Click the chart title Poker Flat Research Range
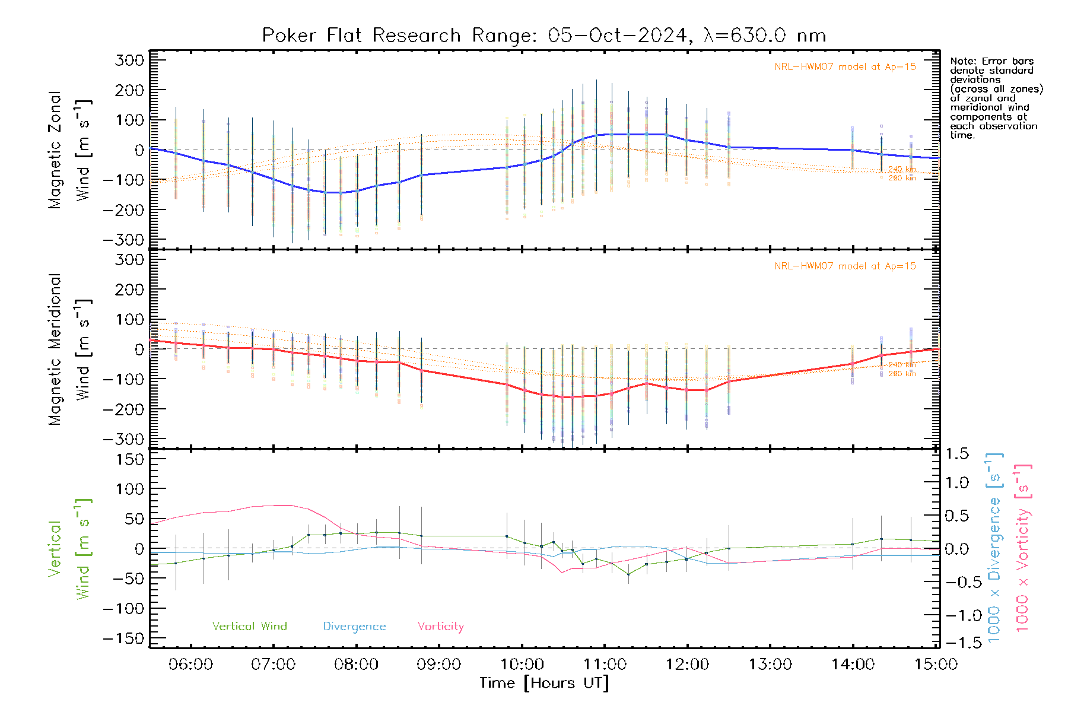(x=543, y=36)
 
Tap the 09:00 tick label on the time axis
(x=438, y=664)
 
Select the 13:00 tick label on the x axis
(x=770, y=664)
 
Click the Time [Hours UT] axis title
(x=544, y=683)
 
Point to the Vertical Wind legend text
(x=249, y=626)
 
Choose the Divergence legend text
(x=354, y=626)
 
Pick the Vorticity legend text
(x=440, y=626)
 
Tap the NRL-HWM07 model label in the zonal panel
(x=845, y=66)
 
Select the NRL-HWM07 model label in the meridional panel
(x=845, y=266)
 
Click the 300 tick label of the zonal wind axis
(x=129, y=60)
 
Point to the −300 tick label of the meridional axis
(x=123, y=439)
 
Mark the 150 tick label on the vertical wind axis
(x=129, y=459)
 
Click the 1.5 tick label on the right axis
(x=956, y=454)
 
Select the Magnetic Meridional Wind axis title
(x=70, y=349)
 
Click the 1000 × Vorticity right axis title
(x=1023, y=548)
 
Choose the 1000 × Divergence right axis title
(x=994, y=548)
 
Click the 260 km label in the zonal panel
(x=902, y=178)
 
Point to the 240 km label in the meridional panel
(x=902, y=364)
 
